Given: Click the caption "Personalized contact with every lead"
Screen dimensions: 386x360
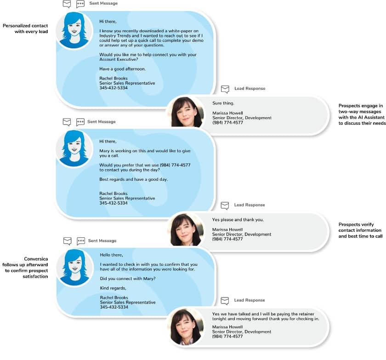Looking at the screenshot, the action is pos(25,29).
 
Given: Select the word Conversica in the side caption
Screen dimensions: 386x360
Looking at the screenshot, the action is pos(36,259).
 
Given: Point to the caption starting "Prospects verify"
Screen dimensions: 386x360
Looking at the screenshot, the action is pos(360,230).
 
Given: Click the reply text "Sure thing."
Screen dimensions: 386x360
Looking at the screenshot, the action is pos(223,103).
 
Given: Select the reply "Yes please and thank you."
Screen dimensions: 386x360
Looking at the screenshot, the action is pos(238,220).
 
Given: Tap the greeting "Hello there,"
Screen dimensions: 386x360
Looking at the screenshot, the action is pos(111,255).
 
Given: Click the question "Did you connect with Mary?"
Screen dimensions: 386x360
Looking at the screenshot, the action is pos(128,279).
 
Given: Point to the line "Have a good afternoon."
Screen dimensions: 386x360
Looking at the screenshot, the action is pos(122,69).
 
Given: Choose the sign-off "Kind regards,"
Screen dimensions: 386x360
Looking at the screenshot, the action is pos(113,288).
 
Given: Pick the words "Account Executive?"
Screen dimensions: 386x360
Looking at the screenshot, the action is pos(119,59).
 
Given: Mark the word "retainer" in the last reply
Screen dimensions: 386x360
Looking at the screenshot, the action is pos(305,314).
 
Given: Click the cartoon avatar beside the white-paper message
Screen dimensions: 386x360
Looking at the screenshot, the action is pos(74,30).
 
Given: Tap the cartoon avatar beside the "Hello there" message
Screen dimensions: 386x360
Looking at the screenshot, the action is pos(75,268).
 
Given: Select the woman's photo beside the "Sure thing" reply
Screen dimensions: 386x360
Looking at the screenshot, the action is pos(186,112).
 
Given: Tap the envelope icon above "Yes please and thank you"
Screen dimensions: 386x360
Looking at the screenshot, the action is pos(225,206).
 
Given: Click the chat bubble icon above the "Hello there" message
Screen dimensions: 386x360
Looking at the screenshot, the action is pos(81,241).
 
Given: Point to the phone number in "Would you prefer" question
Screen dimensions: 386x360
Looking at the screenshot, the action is pos(175,165).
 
